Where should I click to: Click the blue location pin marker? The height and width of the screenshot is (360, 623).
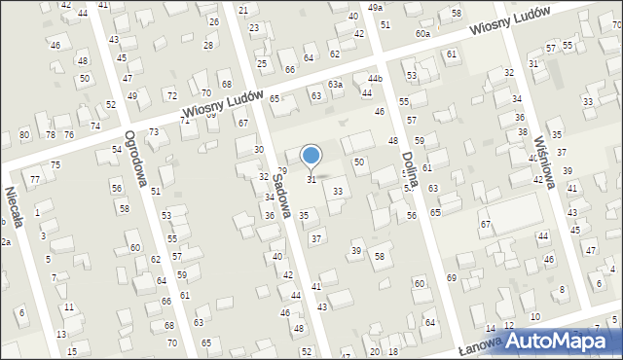tap(311, 156)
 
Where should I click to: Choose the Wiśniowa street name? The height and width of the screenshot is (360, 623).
tap(536, 151)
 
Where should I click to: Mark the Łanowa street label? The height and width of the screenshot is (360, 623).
tap(481, 346)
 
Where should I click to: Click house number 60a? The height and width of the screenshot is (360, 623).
tap(422, 33)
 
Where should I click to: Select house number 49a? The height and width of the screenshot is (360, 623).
tap(376, 7)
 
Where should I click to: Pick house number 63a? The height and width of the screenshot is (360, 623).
tap(335, 85)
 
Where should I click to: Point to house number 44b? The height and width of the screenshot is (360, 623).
tap(375, 78)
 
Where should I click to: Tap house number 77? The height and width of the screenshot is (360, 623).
tap(34, 179)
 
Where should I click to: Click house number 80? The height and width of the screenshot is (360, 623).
tap(23, 134)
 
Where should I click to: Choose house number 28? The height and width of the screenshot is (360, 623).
tap(208, 46)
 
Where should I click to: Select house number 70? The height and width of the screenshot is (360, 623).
tap(172, 343)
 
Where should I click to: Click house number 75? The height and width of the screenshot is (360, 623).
tap(55, 164)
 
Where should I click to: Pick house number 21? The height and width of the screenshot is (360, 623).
tap(242, 10)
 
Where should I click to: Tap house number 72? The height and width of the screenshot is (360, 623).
tap(171, 95)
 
